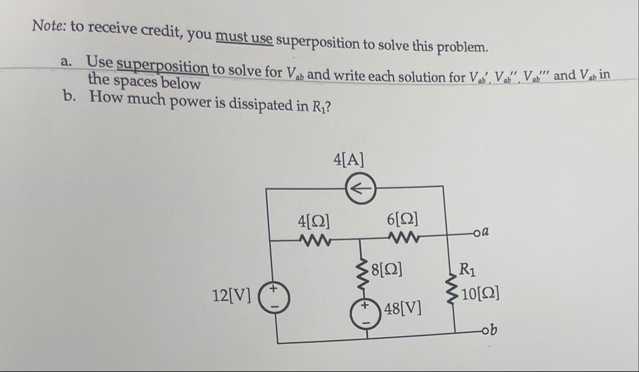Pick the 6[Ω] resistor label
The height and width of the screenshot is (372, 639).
[401, 220]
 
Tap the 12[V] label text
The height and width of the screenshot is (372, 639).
[231, 295]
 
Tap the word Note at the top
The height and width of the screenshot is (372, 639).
[49, 26]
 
